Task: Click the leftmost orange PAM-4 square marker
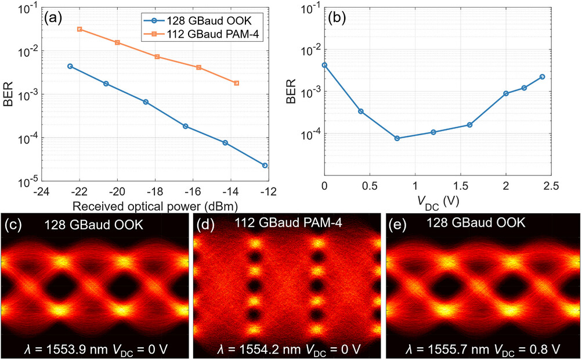[79, 29]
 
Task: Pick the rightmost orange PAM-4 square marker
[236, 83]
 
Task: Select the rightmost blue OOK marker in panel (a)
[265, 165]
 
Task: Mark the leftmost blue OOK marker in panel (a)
[70, 66]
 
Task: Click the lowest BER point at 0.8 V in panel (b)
[397, 138]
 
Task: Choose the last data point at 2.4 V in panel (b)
[542, 77]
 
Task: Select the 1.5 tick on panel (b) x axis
[460, 190]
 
